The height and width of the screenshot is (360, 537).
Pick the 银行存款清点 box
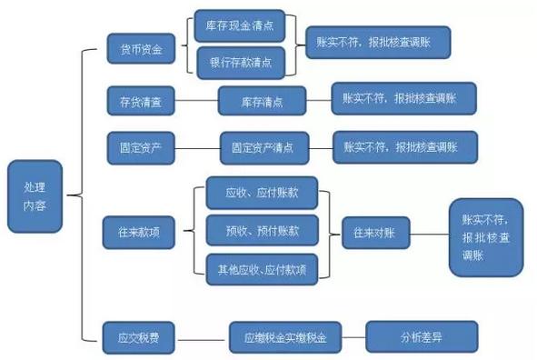[x=241, y=62]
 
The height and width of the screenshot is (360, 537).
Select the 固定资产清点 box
[x=264, y=145]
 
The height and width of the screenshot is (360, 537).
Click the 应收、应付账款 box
[x=262, y=193]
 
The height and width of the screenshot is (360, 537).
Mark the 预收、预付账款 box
[x=262, y=231]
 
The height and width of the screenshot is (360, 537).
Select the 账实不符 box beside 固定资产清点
[x=404, y=145]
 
